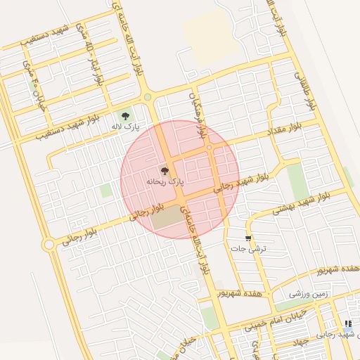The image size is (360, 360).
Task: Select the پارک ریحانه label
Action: [165, 181]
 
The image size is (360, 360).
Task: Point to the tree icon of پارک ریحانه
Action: [165, 170]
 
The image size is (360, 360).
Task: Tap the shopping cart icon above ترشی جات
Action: [247, 238]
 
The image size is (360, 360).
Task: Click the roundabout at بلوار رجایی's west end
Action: [49, 245]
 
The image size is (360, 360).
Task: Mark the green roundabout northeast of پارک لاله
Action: [148, 98]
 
